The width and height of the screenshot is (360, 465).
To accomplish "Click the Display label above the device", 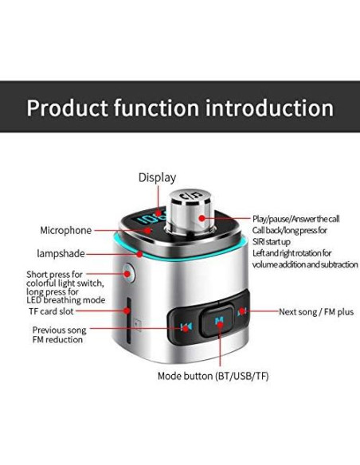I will (157, 177).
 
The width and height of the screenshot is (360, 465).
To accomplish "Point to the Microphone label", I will (66, 230).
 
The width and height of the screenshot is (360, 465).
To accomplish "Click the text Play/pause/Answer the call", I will (295, 218).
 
